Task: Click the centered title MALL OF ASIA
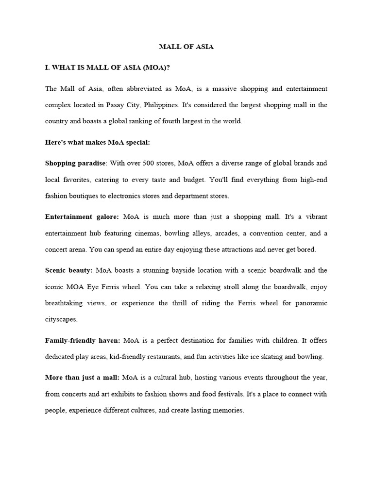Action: (x=186, y=47)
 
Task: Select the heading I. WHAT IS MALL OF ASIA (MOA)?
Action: (x=107, y=68)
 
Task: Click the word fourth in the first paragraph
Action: (x=164, y=121)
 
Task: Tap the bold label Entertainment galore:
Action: (x=82, y=216)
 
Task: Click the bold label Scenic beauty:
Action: (x=69, y=270)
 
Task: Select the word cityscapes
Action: (x=61, y=320)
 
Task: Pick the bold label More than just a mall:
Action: (x=83, y=377)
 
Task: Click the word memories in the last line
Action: (x=228, y=410)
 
